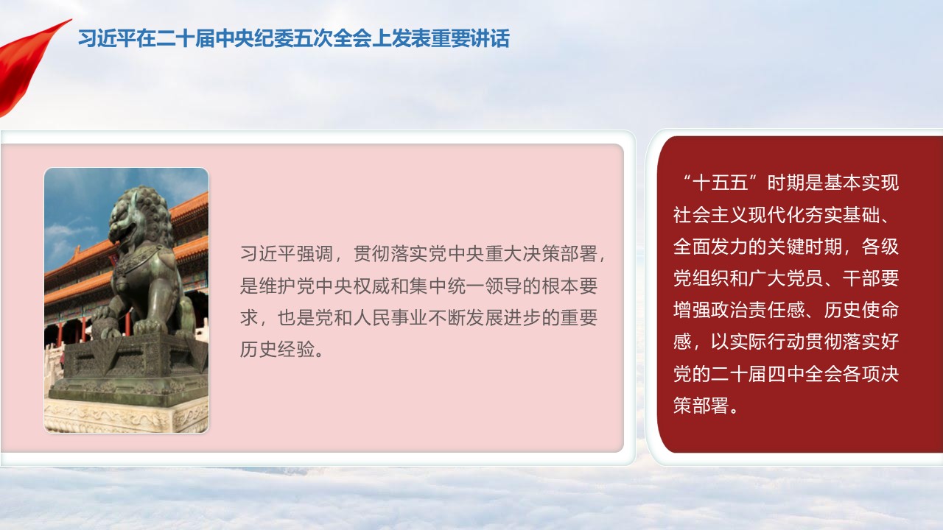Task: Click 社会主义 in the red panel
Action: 712,215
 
